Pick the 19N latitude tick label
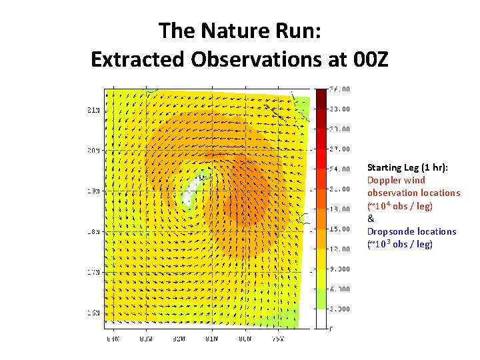coord(95,191)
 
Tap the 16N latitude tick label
coord(95,312)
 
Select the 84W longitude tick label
coord(145,338)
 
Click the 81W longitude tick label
coord(212,338)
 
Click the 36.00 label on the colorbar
coord(342,89)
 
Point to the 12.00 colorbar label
coord(342,249)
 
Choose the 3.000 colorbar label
coord(342,309)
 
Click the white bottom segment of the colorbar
coord(320,318)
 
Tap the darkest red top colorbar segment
coord(320,99)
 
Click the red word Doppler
coord(384,180)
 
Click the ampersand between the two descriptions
coord(371,219)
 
